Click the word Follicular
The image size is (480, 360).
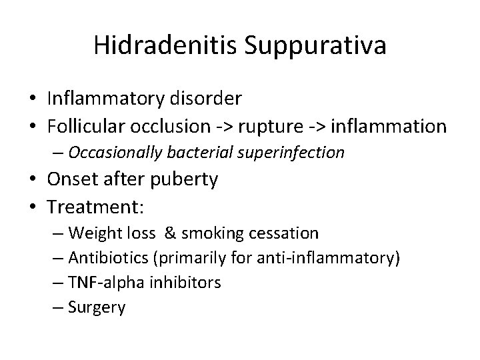point(85,126)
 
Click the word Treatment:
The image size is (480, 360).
point(95,207)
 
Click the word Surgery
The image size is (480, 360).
point(96,307)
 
